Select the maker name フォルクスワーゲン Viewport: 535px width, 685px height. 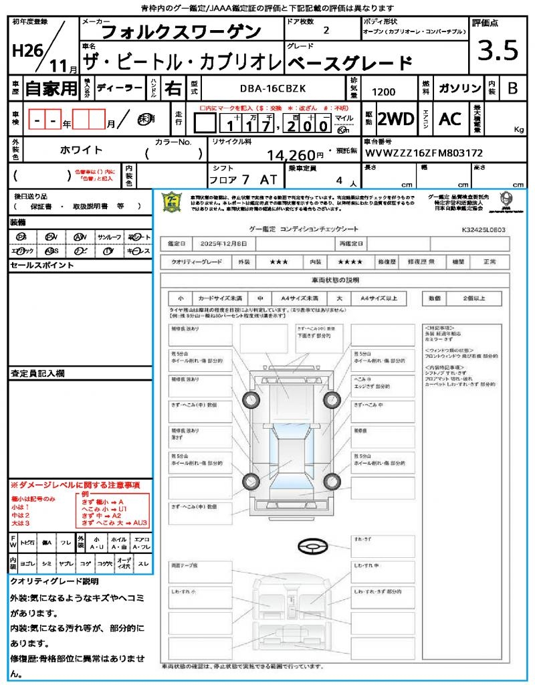click(181, 31)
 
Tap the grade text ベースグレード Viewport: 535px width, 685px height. click(350, 64)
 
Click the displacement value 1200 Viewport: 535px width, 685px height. click(383, 92)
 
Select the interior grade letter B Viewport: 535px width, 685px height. click(512, 88)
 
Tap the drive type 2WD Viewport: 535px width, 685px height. click(396, 119)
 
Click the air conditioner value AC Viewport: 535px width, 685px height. click(450, 119)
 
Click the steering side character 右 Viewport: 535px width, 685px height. click(173, 88)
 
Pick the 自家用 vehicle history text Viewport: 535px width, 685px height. click(51, 88)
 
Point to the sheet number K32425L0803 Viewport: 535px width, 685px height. click(483, 229)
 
